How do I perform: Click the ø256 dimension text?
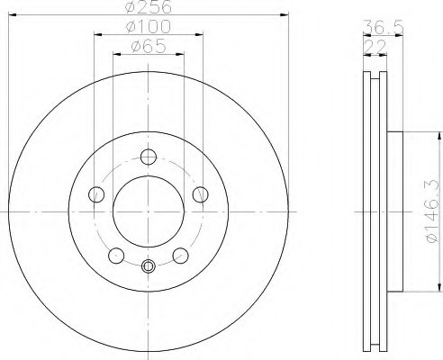(x=149, y=7)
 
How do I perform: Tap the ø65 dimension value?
(x=149, y=48)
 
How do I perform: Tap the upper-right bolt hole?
(x=202, y=194)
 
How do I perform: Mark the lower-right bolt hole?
(x=181, y=255)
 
